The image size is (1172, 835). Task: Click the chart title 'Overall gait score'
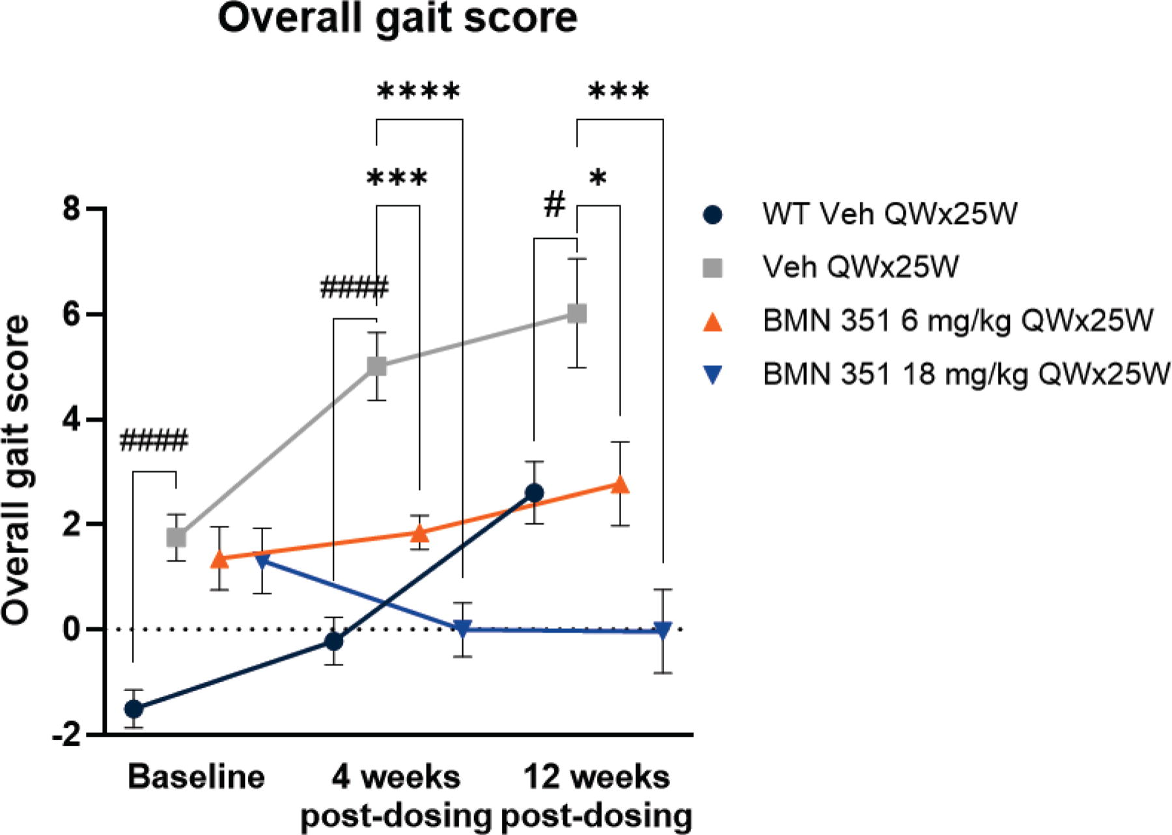pyautogui.click(x=397, y=18)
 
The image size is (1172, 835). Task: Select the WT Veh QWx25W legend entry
pyautogui.click(x=859, y=213)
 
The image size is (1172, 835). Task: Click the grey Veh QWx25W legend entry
pyautogui.click(x=831, y=267)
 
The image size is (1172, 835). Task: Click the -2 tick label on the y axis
pyautogui.click(x=66, y=735)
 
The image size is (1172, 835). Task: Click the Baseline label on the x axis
pyautogui.click(x=197, y=777)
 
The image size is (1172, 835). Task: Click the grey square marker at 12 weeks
pyautogui.click(x=577, y=314)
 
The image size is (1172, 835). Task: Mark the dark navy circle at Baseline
pyautogui.click(x=133, y=709)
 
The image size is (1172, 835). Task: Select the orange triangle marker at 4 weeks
pyautogui.click(x=420, y=533)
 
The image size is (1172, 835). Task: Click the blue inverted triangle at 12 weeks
pyautogui.click(x=663, y=631)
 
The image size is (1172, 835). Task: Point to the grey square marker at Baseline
pyautogui.click(x=176, y=538)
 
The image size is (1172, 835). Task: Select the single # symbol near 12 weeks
pyautogui.click(x=554, y=205)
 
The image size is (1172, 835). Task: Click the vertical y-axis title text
pyautogui.click(x=16, y=470)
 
